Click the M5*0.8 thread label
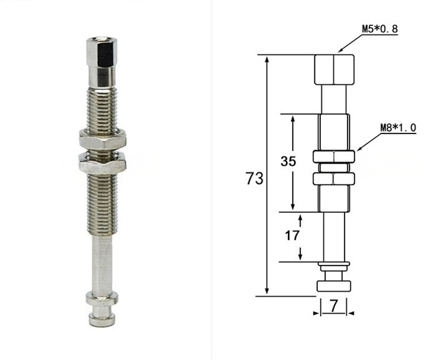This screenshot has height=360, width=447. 380,29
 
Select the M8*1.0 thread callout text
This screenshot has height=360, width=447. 398,127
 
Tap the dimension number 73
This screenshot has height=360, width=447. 254,178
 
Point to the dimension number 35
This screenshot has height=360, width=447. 288,161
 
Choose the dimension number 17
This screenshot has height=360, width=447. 292,235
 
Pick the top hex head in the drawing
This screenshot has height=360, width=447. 334,70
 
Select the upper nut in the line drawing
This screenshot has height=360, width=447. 334,157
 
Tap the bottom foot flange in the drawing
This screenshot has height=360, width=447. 334,286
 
